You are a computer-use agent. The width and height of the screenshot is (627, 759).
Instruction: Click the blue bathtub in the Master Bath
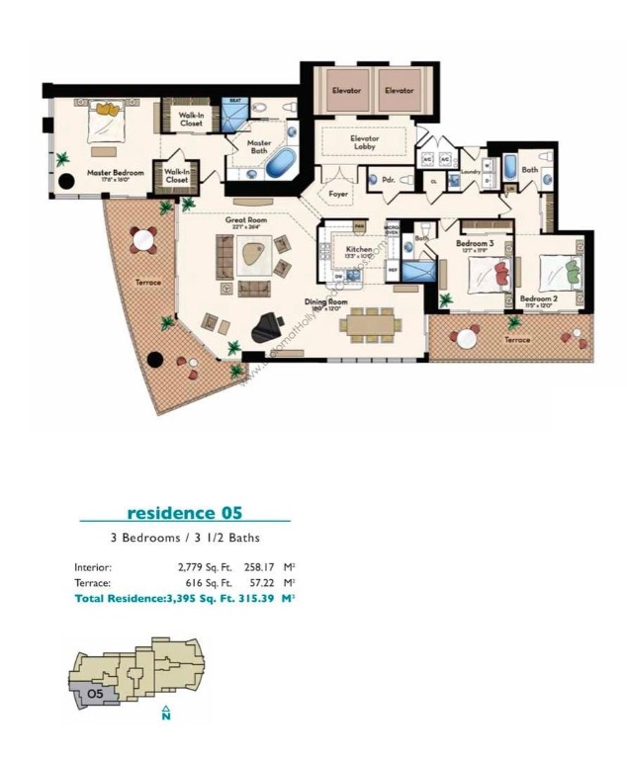(x=280, y=162)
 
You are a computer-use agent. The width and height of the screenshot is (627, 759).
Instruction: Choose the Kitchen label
(x=359, y=249)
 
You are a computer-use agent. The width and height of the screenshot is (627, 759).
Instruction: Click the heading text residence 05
(x=184, y=512)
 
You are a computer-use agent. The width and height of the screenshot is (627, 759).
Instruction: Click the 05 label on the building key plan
(x=95, y=694)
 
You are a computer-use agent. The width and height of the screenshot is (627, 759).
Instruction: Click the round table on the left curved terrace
(x=143, y=238)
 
